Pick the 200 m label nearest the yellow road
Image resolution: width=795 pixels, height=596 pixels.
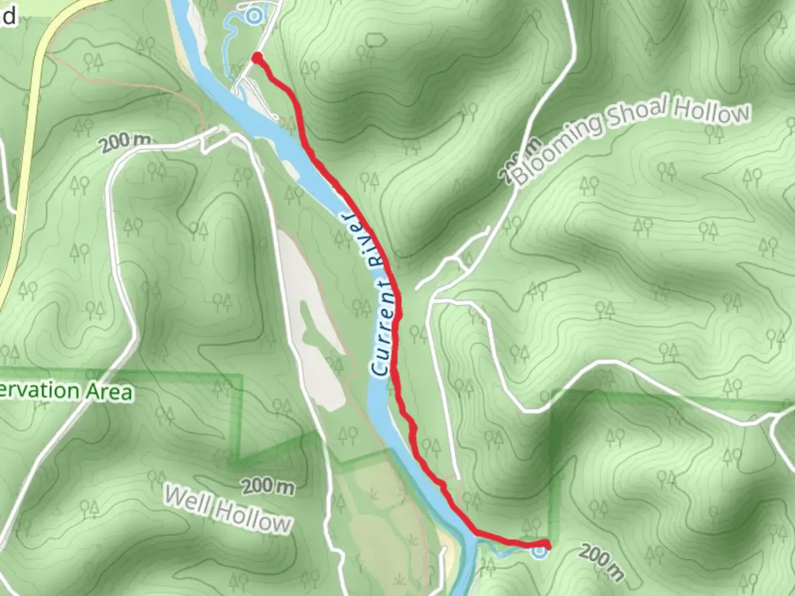coord(126,142)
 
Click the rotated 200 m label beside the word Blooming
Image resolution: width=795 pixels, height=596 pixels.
coord(511,161)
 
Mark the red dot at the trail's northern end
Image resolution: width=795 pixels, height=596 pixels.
coord(257,57)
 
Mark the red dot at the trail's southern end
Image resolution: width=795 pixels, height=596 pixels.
coord(547,544)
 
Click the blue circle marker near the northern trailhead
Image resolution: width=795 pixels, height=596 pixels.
coord(253,16)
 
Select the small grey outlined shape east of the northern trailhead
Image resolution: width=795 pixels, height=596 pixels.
coord(375,40)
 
